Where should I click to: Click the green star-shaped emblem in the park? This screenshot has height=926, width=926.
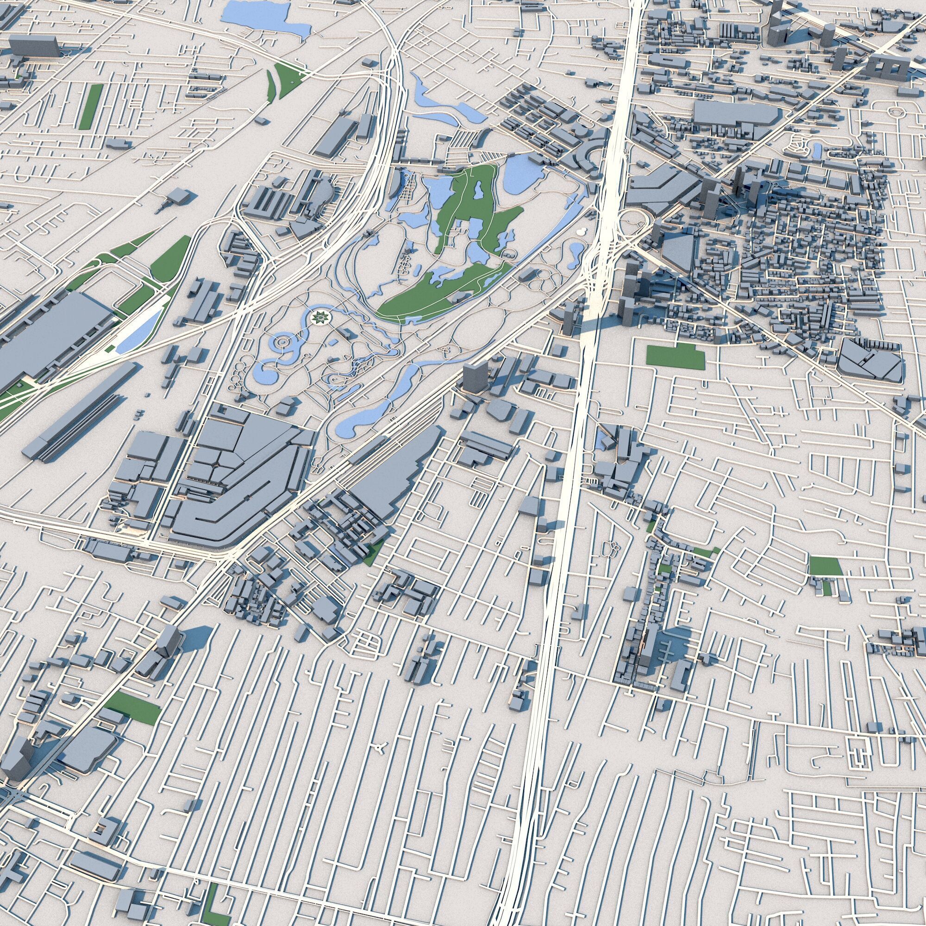(317, 317)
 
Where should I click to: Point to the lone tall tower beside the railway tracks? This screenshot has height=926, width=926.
(475, 378)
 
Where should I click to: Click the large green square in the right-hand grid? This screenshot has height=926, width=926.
(825, 566)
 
